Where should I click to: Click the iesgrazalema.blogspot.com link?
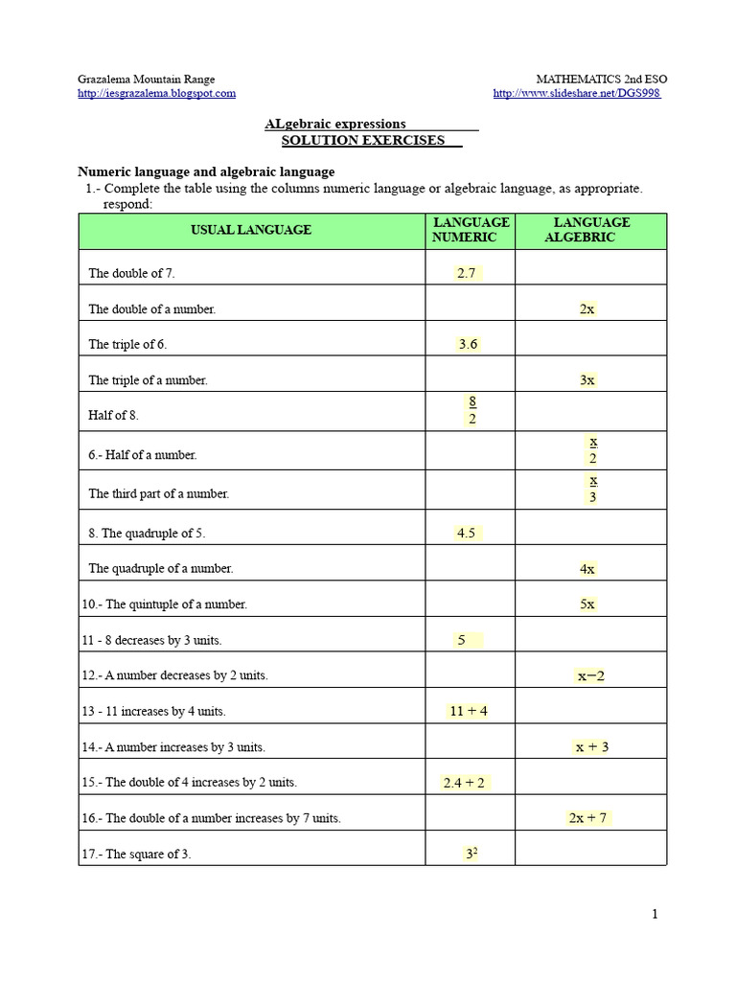156,93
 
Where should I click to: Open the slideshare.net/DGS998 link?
576,93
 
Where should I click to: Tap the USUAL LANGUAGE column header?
251,230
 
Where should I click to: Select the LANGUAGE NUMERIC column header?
471,230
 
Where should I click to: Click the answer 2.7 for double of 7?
467,273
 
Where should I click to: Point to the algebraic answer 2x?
587,309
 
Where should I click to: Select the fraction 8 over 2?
472,410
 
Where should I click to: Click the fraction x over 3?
593,488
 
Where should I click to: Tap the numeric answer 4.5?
467,533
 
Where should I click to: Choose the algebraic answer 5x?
587,605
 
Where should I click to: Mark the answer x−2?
590,675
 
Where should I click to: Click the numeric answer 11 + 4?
468,711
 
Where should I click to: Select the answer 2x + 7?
589,817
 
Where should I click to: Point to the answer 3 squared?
471,853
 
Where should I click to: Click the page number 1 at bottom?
655,915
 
